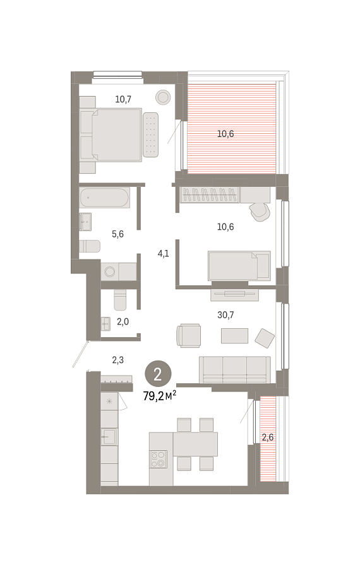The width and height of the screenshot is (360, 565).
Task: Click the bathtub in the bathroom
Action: click(x=104, y=198)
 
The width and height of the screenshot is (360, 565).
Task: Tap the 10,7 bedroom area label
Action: click(x=123, y=99)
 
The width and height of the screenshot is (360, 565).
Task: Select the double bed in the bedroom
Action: click(x=116, y=134)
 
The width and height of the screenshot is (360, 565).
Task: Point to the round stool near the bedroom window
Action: click(x=163, y=97)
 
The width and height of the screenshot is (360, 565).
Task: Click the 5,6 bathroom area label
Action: click(x=117, y=234)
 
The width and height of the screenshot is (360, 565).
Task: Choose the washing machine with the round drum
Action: click(x=109, y=271)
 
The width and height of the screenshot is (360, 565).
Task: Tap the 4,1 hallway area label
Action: click(x=163, y=254)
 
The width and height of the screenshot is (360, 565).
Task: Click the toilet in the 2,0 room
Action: click(x=121, y=300)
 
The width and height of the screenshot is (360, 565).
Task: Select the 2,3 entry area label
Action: click(x=118, y=360)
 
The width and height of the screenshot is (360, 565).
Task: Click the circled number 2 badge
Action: click(x=158, y=375)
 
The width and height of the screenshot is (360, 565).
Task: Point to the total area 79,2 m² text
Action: click(x=160, y=396)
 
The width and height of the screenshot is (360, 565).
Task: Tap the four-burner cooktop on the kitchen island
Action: click(x=159, y=459)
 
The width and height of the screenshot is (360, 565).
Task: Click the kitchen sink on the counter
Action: click(x=109, y=437)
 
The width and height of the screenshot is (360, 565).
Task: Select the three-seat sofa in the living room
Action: click(x=234, y=370)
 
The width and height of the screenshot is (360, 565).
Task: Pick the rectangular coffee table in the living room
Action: click(x=234, y=335)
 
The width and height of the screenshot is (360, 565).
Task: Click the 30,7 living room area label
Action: click(x=225, y=315)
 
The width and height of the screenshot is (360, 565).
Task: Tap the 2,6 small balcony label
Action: click(x=268, y=437)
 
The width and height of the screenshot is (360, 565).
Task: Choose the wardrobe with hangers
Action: click(x=210, y=194)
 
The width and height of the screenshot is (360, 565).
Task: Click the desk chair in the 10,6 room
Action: click(x=260, y=211)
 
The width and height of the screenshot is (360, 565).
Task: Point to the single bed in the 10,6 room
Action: click(x=239, y=266)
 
